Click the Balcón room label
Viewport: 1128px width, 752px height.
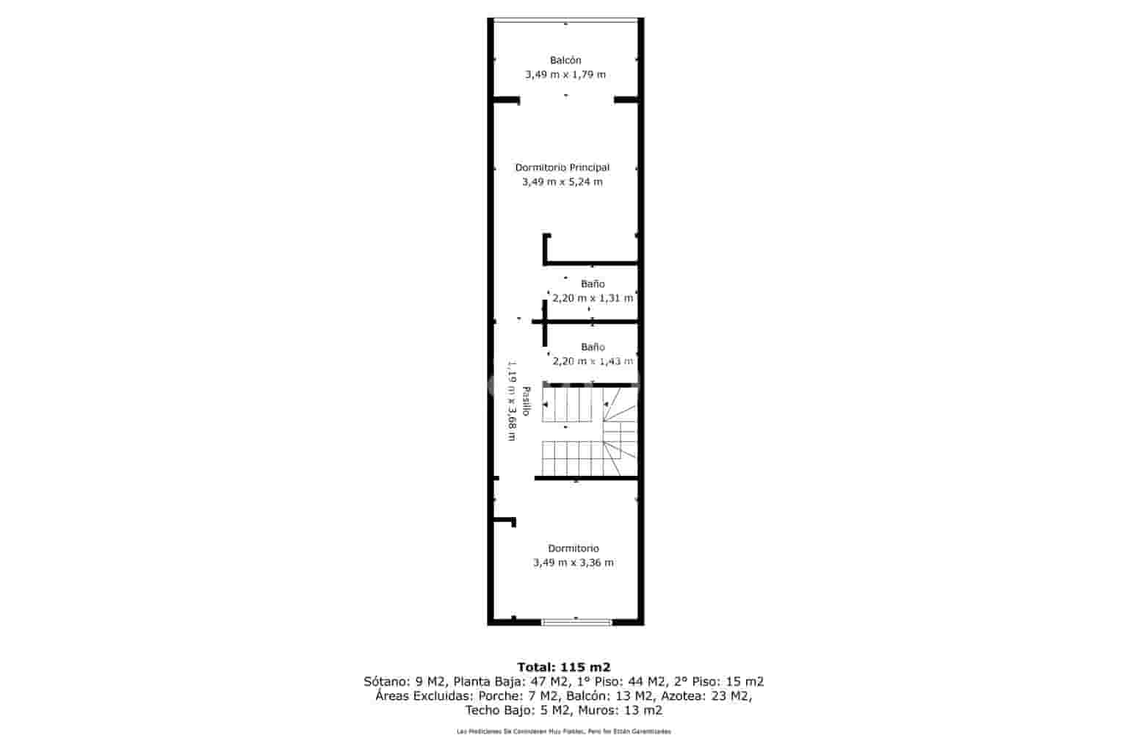(x=565, y=60)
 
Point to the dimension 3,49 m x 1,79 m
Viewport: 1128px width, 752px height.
(x=565, y=75)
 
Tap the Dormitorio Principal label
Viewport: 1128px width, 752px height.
(x=563, y=167)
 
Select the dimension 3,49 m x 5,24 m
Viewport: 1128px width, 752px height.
(x=563, y=182)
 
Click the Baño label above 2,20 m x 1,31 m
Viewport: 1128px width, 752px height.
(x=593, y=283)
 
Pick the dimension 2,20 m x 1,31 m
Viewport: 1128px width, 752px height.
(x=593, y=298)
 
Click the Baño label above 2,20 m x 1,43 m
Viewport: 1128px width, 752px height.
(x=593, y=347)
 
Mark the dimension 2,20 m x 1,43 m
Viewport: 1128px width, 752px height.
(x=593, y=361)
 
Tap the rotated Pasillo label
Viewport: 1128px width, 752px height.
(x=526, y=402)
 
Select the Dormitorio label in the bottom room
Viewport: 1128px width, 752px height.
(x=574, y=549)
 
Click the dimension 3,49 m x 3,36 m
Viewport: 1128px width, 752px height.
(x=574, y=563)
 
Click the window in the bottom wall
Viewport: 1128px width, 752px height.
(x=576, y=622)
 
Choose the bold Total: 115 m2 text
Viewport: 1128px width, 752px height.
(x=564, y=668)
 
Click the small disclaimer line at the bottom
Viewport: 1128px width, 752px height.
(x=564, y=731)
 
